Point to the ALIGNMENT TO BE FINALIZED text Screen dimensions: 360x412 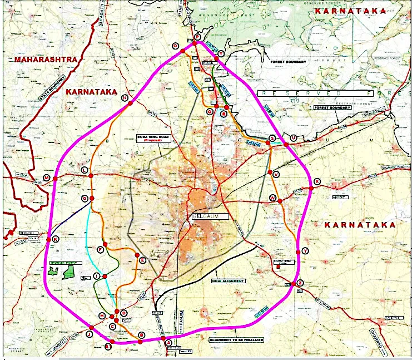tap(236, 339)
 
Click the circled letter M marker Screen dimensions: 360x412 tap(47, 178)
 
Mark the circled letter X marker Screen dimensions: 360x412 tap(317, 181)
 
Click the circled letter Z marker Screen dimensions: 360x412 tap(300, 283)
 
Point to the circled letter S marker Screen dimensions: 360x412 tap(272, 137)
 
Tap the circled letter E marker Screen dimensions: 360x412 tap(142, 260)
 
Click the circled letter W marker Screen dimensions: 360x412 tap(272, 198)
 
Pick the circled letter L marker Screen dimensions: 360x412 tap(85, 170)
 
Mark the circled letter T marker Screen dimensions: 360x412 tap(221, 53)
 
